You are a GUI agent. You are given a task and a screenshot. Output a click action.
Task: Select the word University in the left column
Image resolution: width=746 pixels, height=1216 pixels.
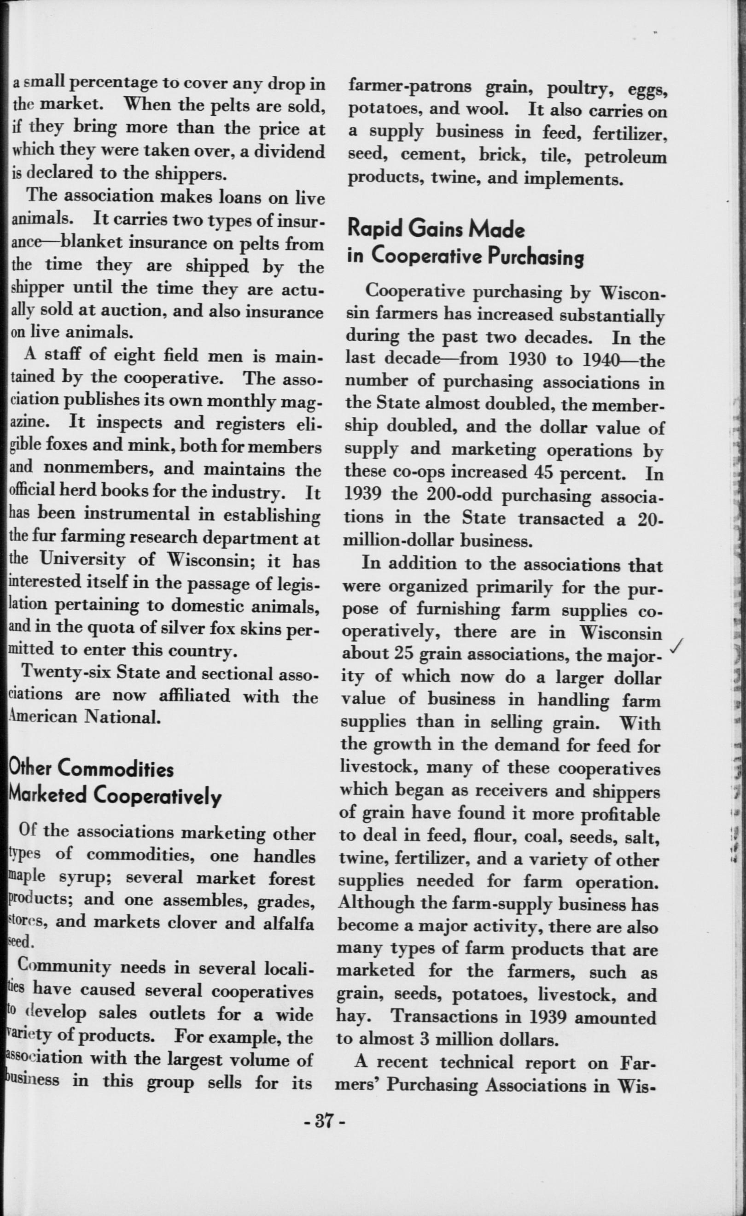coord(82,559)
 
